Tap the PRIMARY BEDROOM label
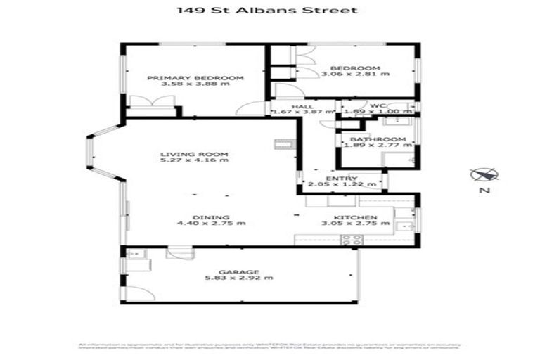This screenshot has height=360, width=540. [x=195, y=77]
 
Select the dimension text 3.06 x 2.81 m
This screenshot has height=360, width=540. [x=355, y=74]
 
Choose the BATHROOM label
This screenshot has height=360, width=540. [x=378, y=139]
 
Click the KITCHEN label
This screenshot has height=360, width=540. [x=355, y=217]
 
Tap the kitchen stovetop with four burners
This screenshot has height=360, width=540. [x=352, y=239]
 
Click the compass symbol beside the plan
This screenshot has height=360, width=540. [x=485, y=174]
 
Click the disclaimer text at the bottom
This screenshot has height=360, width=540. [x=269, y=347]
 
